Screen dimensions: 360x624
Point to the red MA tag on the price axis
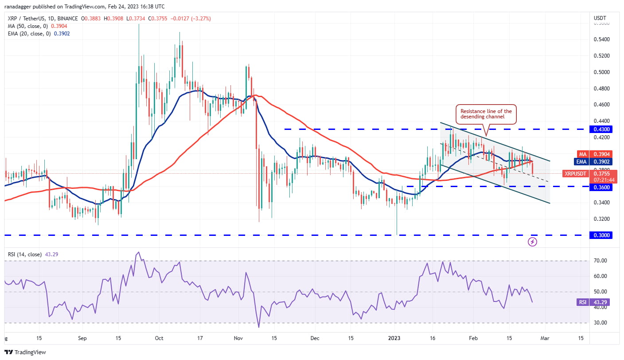[x=582, y=154]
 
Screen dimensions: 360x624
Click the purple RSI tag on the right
[x=582, y=303]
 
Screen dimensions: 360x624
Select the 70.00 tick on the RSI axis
[x=601, y=261]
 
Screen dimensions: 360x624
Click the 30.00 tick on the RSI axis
[x=601, y=323]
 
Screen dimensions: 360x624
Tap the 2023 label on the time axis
[x=394, y=338]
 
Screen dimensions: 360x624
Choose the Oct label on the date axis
[x=159, y=338]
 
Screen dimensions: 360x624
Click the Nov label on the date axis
[x=238, y=338]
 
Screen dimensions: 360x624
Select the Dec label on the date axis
[x=315, y=338]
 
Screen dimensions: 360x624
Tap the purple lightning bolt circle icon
[x=533, y=242]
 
